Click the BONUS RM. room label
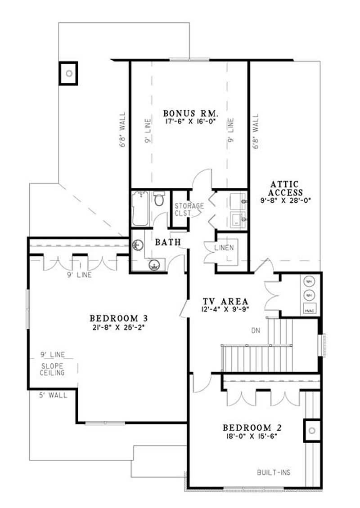coord(190,113)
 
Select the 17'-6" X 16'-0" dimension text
coord(190,121)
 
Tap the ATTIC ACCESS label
coord(284,188)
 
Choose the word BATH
coord(168,242)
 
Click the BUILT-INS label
coord(274,472)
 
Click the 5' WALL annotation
coord(53,395)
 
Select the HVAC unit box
coord(309,310)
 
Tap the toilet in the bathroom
coord(159,199)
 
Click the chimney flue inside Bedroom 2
coord(312,430)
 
